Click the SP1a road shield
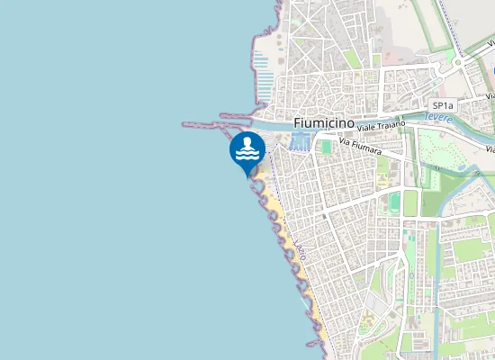tap(443, 105)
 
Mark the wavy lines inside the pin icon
tap(247, 155)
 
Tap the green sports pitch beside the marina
tap(325, 146)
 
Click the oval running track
tap(393, 201)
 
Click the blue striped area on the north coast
tap(262, 67)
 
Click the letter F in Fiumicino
tap(299, 122)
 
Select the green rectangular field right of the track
tap(411, 202)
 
